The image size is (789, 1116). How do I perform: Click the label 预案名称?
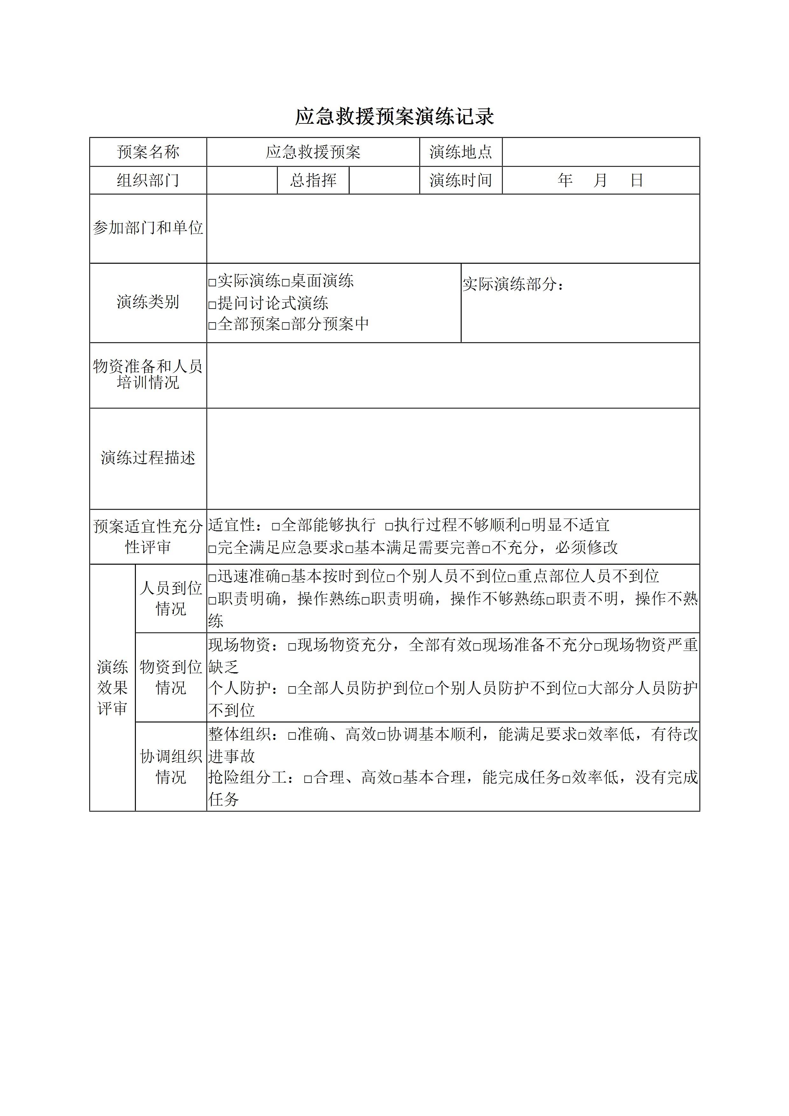(x=148, y=152)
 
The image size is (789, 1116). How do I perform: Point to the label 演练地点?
(x=460, y=152)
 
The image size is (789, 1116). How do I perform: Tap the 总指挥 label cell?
(x=313, y=180)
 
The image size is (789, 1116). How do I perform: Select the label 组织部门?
(x=148, y=180)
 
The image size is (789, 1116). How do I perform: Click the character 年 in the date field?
(x=565, y=180)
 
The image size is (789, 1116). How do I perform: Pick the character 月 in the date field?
(x=600, y=180)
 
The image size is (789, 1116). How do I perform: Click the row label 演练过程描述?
(x=148, y=458)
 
